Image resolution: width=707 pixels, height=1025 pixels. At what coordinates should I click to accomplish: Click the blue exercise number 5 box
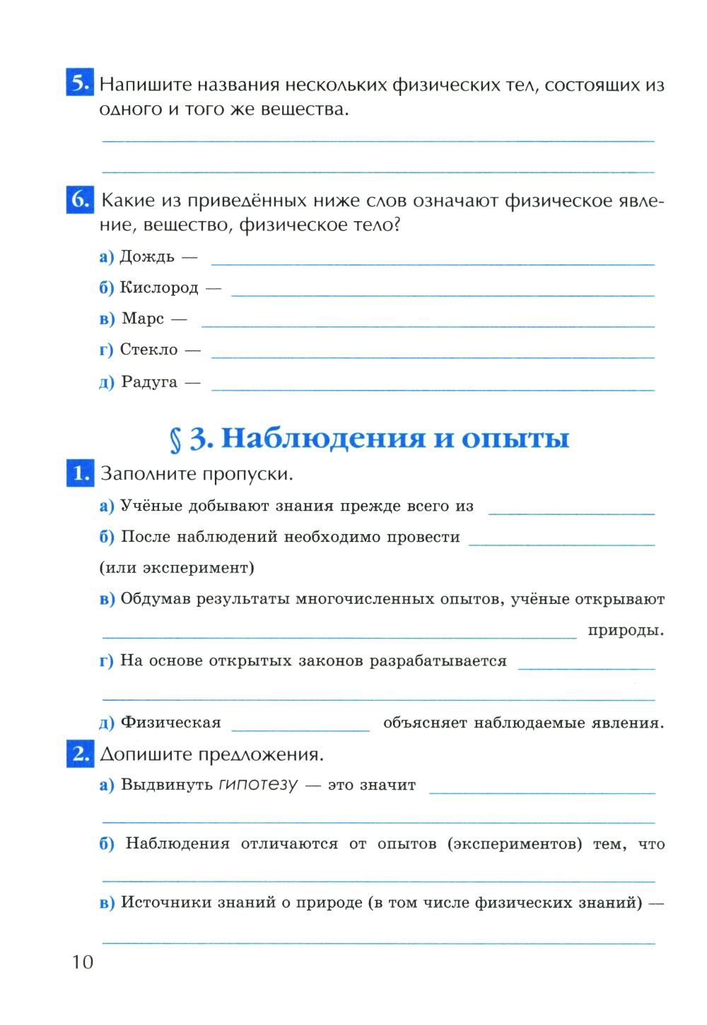pyautogui.click(x=80, y=82)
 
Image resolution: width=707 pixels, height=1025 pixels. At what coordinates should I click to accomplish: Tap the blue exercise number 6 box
pyautogui.click(x=80, y=199)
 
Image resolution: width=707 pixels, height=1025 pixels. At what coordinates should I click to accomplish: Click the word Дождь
pyautogui.click(x=147, y=256)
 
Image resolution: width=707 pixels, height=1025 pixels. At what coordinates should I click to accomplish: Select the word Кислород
pyautogui.click(x=159, y=288)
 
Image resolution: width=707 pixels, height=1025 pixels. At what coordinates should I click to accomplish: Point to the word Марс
pyautogui.click(x=143, y=319)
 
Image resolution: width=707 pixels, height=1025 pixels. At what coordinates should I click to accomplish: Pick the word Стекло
pyautogui.click(x=148, y=350)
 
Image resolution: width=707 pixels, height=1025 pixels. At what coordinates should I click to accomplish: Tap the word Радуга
pyautogui.click(x=149, y=381)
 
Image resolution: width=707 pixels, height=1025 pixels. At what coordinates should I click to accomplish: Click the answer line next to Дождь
pyautogui.click(x=433, y=263)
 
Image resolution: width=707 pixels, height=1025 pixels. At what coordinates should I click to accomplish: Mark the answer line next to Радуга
pyautogui.click(x=433, y=389)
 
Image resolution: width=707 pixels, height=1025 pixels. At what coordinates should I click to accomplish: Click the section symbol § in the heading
pyautogui.click(x=176, y=439)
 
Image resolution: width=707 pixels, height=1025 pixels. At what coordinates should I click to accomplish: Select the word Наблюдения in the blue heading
pyautogui.click(x=323, y=438)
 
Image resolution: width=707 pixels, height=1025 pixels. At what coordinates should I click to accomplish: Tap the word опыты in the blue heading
pyautogui.click(x=515, y=439)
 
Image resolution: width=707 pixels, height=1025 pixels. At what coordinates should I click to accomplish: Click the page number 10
pyautogui.click(x=82, y=961)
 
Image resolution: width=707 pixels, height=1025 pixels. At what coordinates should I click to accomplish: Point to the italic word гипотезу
pyautogui.click(x=259, y=784)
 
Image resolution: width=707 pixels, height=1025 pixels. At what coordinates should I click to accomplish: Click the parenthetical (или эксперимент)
pyautogui.click(x=177, y=567)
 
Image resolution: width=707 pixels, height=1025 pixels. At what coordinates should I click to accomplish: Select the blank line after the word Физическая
pyautogui.click(x=300, y=728)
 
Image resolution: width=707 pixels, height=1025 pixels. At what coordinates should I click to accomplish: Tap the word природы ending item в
pyautogui.click(x=626, y=629)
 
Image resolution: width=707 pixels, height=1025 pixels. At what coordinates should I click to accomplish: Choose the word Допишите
pyautogui.click(x=147, y=754)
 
